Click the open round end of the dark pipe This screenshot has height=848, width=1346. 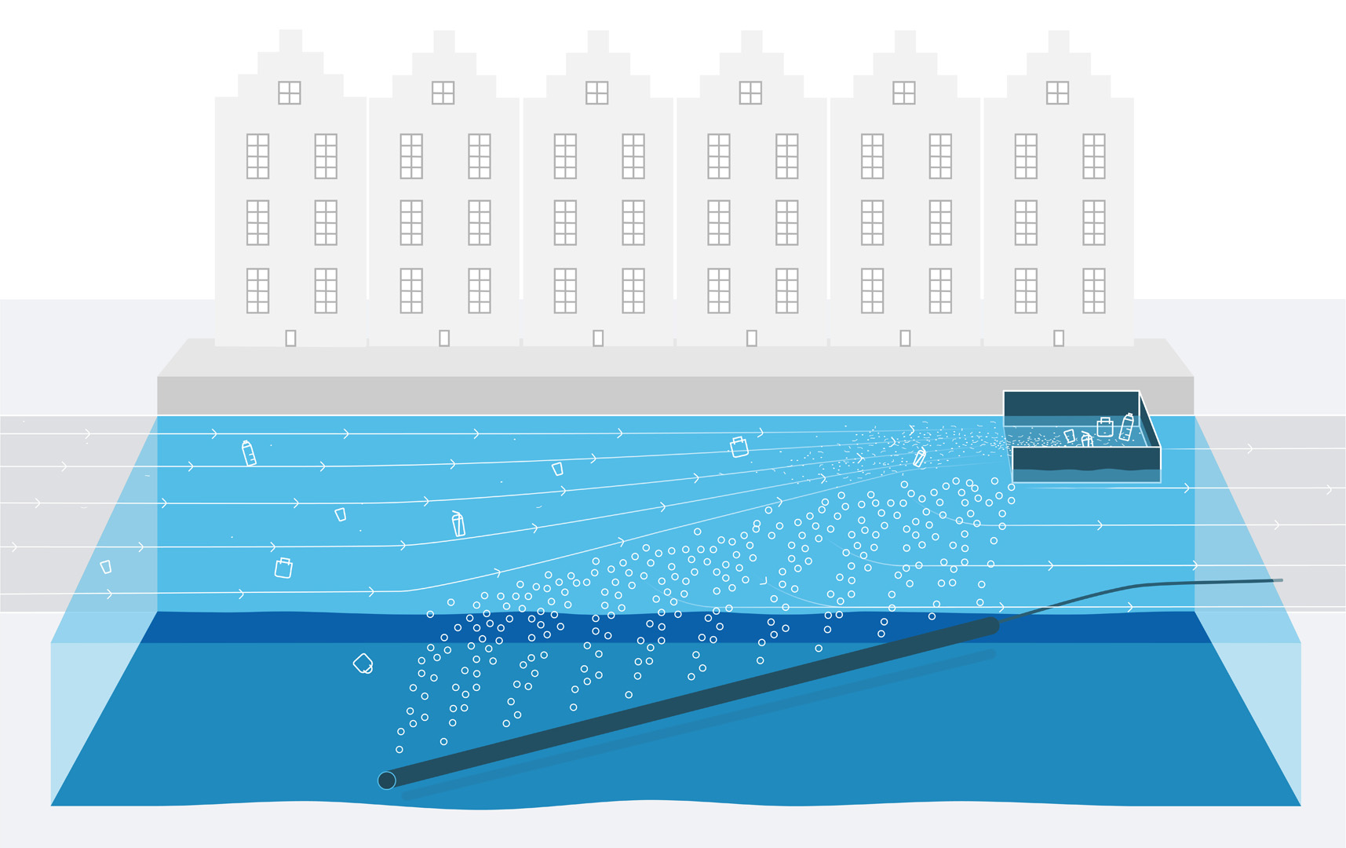pyautogui.click(x=387, y=780)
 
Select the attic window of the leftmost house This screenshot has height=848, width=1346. pyautogui.click(x=290, y=93)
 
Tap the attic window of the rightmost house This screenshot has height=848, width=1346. pyautogui.click(x=1057, y=93)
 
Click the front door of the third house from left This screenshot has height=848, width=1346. pyautogui.click(x=598, y=338)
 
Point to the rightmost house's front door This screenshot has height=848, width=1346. pyautogui.click(x=1059, y=338)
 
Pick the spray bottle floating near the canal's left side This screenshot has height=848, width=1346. pyautogui.click(x=249, y=453)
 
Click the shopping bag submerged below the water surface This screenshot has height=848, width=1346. pyautogui.click(x=363, y=663)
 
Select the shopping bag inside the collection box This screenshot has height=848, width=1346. pyautogui.click(x=1105, y=427)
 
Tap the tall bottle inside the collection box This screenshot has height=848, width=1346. pyautogui.click(x=1127, y=427)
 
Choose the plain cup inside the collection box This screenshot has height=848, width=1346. pyautogui.click(x=1069, y=436)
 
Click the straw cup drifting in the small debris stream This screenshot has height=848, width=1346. pyautogui.click(x=920, y=456)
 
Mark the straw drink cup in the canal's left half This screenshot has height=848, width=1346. pyautogui.click(x=458, y=524)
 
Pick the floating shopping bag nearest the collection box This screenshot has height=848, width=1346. pyautogui.click(x=739, y=447)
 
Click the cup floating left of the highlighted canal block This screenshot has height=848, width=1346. pyautogui.click(x=106, y=567)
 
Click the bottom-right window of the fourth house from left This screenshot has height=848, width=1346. pyautogui.click(x=786, y=291)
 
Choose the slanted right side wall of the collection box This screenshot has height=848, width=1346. pyautogui.click(x=1148, y=420)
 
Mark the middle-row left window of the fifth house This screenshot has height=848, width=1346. pyautogui.click(x=872, y=222)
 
